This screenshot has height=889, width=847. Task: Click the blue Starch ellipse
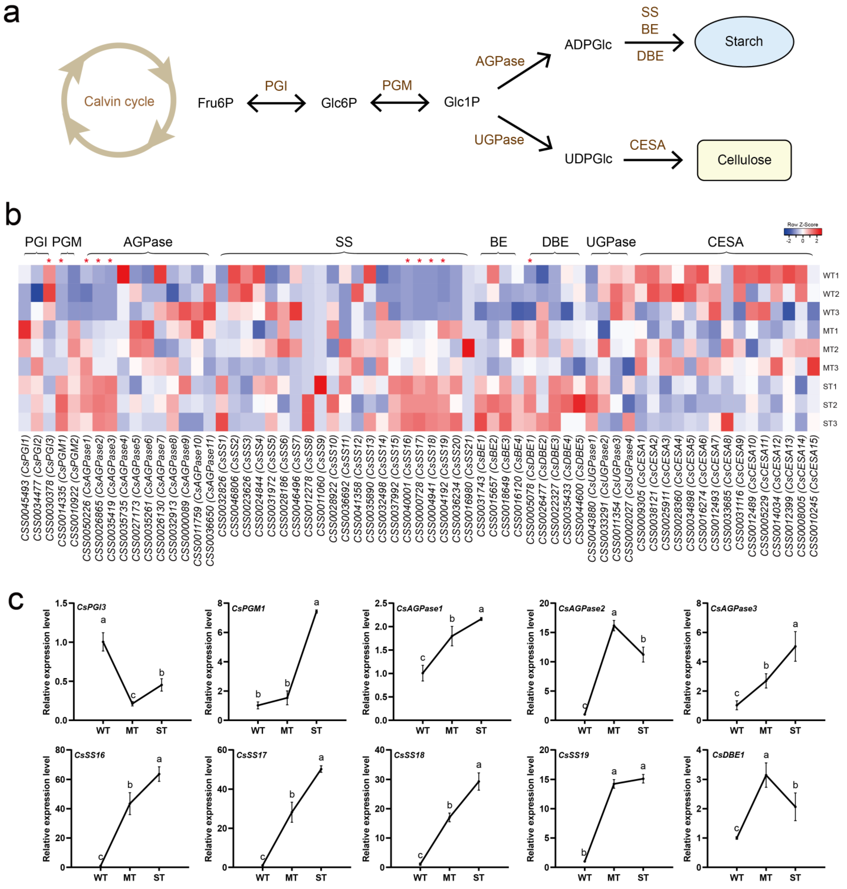click(x=744, y=41)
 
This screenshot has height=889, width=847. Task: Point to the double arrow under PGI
click(x=276, y=103)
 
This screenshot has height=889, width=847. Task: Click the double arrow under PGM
click(x=399, y=103)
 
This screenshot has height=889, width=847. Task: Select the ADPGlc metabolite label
click(x=588, y=44)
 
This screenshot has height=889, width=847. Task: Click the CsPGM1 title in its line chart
click(x=248, y=608)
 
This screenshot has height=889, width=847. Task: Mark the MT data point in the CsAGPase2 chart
click(x=614, y=626)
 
